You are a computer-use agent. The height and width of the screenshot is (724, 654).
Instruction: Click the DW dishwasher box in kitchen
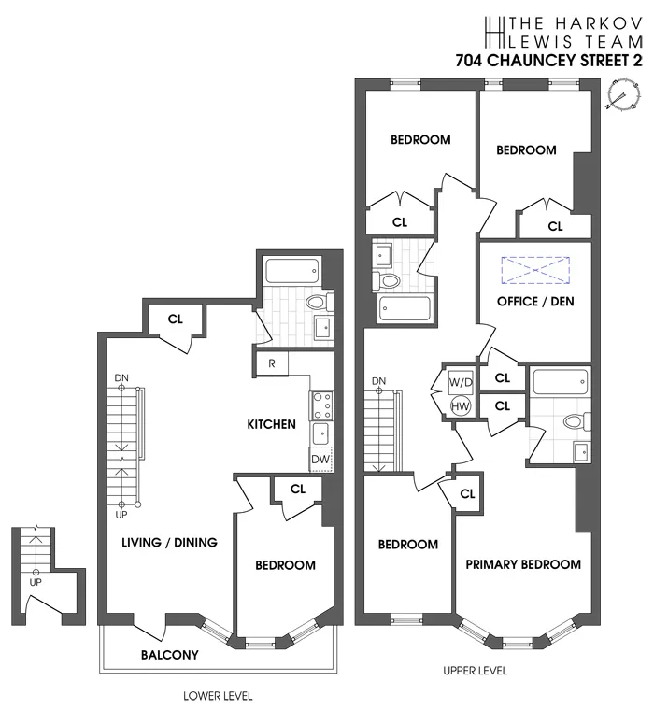coord(320,460)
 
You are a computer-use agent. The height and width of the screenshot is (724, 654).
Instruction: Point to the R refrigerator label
coord(271,363)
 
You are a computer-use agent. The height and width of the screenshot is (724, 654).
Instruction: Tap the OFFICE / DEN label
coord(535,302)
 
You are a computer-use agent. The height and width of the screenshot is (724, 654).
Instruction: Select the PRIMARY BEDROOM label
coord(523,564)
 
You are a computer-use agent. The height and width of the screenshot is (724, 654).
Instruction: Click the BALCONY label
coord(169,655)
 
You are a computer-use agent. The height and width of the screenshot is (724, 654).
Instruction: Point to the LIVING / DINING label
coord(169,542)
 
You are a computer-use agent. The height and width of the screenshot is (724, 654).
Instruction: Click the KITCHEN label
coord(271,424)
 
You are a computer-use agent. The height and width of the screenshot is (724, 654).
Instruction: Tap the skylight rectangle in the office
coord(534,270)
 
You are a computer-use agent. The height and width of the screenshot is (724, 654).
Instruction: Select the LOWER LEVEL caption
coord(217,696)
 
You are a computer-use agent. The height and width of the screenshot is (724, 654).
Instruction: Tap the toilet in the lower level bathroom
coord(317,301)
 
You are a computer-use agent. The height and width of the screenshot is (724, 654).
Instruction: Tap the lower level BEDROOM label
coord(285,565)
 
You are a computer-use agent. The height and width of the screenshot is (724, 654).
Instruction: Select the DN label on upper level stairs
coord(378,381)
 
